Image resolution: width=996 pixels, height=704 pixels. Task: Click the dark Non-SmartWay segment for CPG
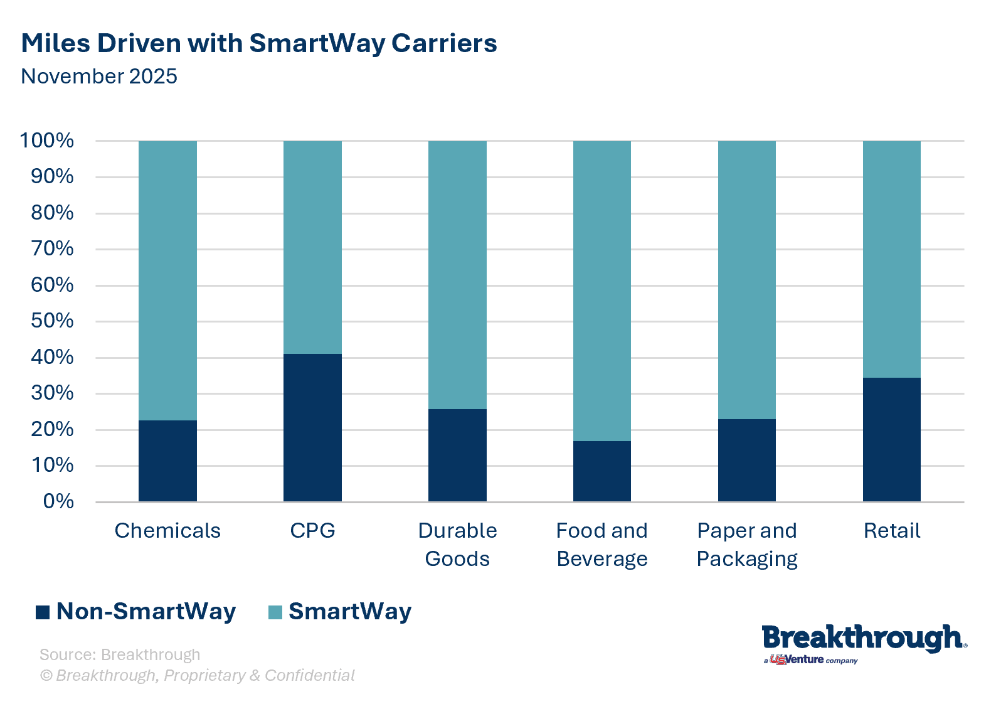pos(312,427)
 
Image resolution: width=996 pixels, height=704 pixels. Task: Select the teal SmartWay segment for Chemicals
pos(167,280)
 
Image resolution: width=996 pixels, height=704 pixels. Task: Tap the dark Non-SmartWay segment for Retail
pos(891,439)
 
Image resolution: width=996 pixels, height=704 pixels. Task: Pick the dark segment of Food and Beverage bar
pos(601,471)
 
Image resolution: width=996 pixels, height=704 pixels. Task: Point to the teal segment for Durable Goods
pos(457,275)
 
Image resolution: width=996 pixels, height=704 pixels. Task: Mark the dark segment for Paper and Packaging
pos(746,460)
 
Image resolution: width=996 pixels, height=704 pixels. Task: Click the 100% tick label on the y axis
pos(47,141)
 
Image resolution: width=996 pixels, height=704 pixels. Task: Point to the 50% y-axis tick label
pos(52,321)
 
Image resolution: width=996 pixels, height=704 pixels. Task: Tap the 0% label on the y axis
pos(58,501)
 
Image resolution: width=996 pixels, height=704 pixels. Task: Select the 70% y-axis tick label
pos(52,248)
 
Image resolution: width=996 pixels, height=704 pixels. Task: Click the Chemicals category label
pos(167,531)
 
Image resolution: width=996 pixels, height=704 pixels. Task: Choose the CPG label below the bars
pos(312,531)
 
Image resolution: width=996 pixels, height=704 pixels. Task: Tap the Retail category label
pos(891,531)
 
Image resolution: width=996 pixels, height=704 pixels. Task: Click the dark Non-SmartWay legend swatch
pos(43,612)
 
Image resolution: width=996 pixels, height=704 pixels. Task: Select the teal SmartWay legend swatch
pos(275,612)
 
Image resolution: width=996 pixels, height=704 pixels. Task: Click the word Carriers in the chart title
pos(444,43)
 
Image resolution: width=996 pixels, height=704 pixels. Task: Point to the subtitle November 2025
pos(99,77)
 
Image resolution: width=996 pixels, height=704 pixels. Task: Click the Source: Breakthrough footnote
pos(120,654)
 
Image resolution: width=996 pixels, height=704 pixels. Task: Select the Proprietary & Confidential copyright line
pos(198,675)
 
